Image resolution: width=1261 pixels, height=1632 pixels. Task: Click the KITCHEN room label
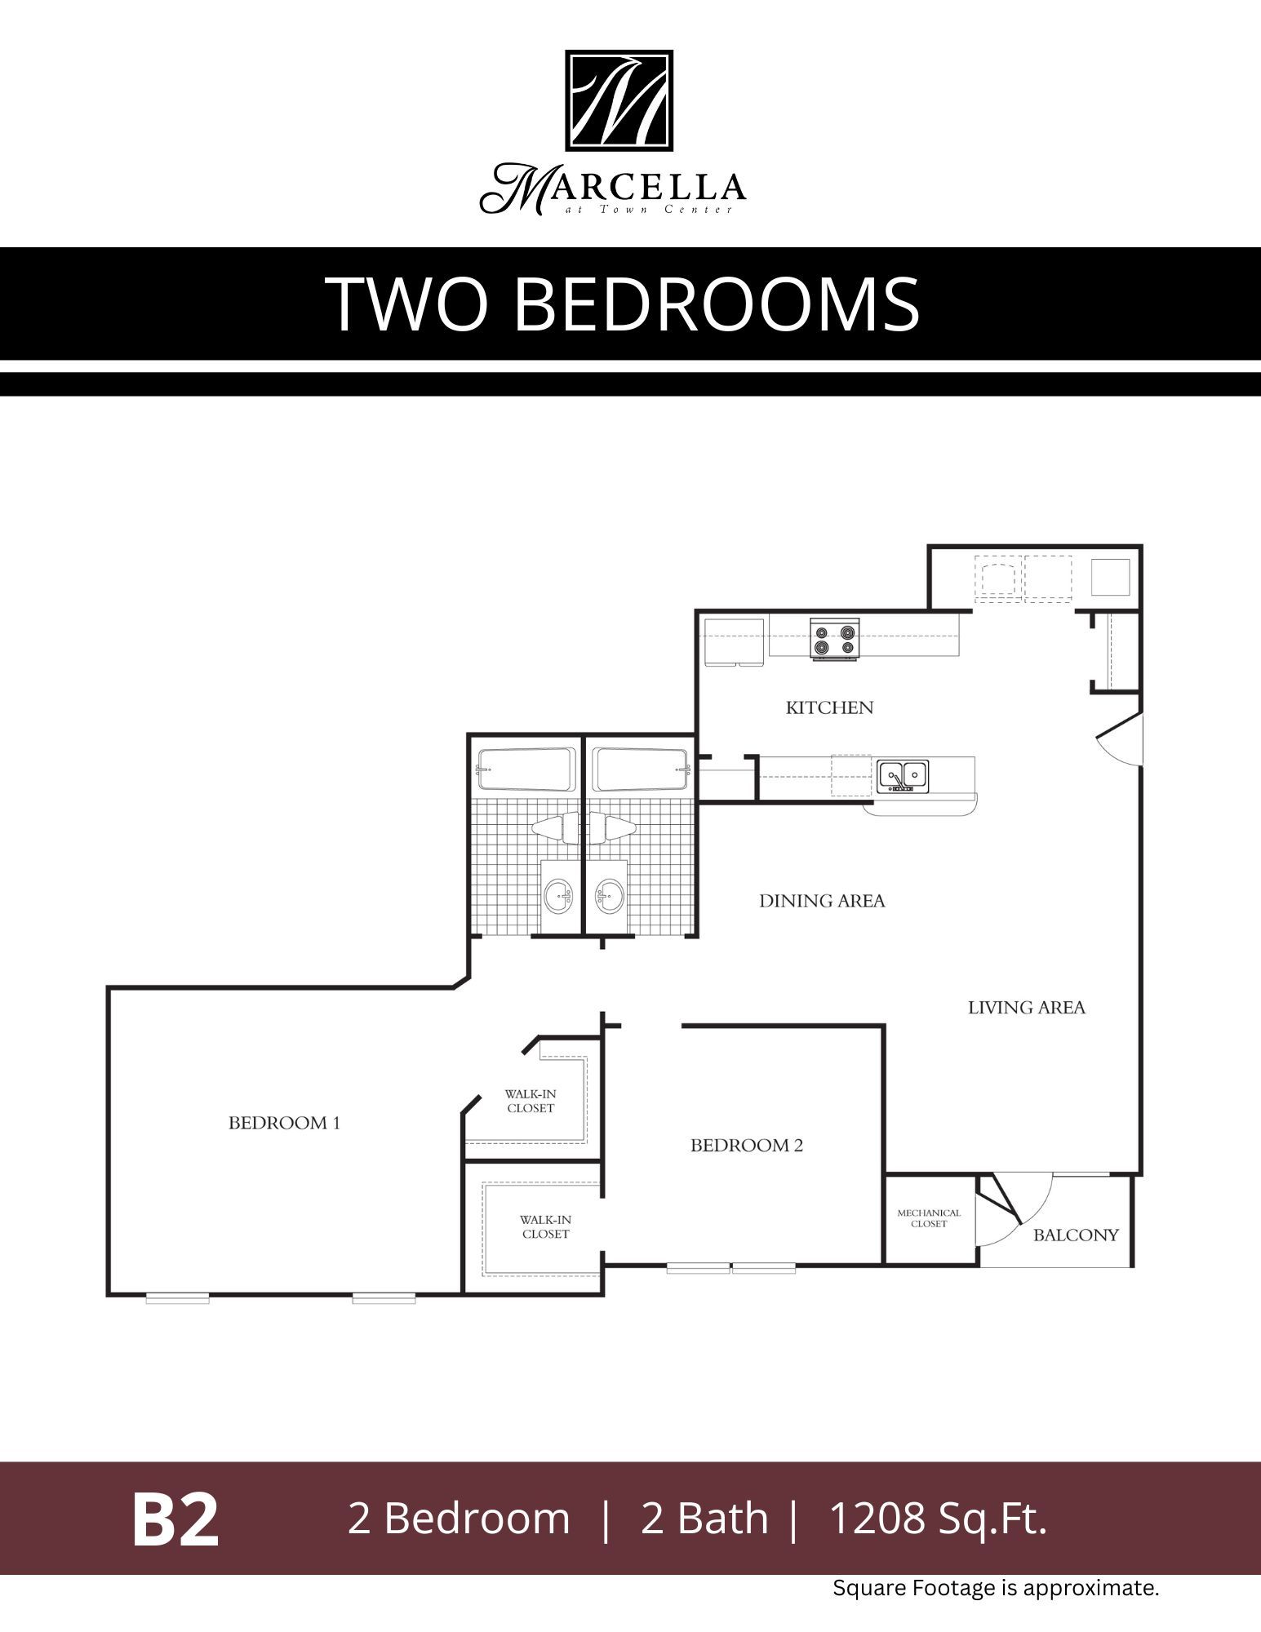(x=829, y=707)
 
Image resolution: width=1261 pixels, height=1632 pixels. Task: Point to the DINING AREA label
(x=822, y=901)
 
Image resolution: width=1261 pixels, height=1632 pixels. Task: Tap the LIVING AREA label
(x=1026, y=1008)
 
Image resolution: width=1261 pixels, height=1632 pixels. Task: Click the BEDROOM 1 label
(x=284, y=1123)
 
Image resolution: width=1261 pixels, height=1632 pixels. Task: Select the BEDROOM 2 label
(x=746, y=1146)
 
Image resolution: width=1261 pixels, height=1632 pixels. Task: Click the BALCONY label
(x=1075, y=1235)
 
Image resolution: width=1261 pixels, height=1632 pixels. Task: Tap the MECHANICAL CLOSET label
(x=929, y=1218)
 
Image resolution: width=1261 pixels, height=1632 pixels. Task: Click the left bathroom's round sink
(x=559, y=897)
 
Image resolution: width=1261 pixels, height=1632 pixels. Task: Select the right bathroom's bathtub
(x=641, y=769)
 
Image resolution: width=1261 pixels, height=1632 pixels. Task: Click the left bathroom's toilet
(x=555, y=828)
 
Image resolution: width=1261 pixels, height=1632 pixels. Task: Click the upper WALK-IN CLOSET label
(x=531, y=1101)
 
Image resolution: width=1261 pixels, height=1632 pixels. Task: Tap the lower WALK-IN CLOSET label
(x=545, y=1226)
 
